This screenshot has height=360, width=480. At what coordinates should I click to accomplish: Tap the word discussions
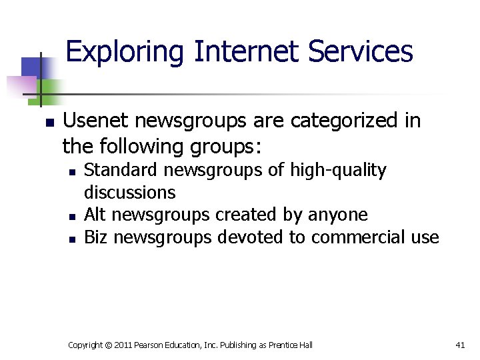pyautogui.click(x=130, y=193)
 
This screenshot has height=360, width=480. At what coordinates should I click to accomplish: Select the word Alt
pyautogui.click(x=96, y=215)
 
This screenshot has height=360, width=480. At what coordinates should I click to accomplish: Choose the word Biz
pyautogui.click(x=96, y=237)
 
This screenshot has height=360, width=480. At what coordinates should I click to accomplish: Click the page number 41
pyautogui.click(x=459, y=345)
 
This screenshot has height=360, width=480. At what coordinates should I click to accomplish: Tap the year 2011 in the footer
pyautogui.click(x=124, y=345)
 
